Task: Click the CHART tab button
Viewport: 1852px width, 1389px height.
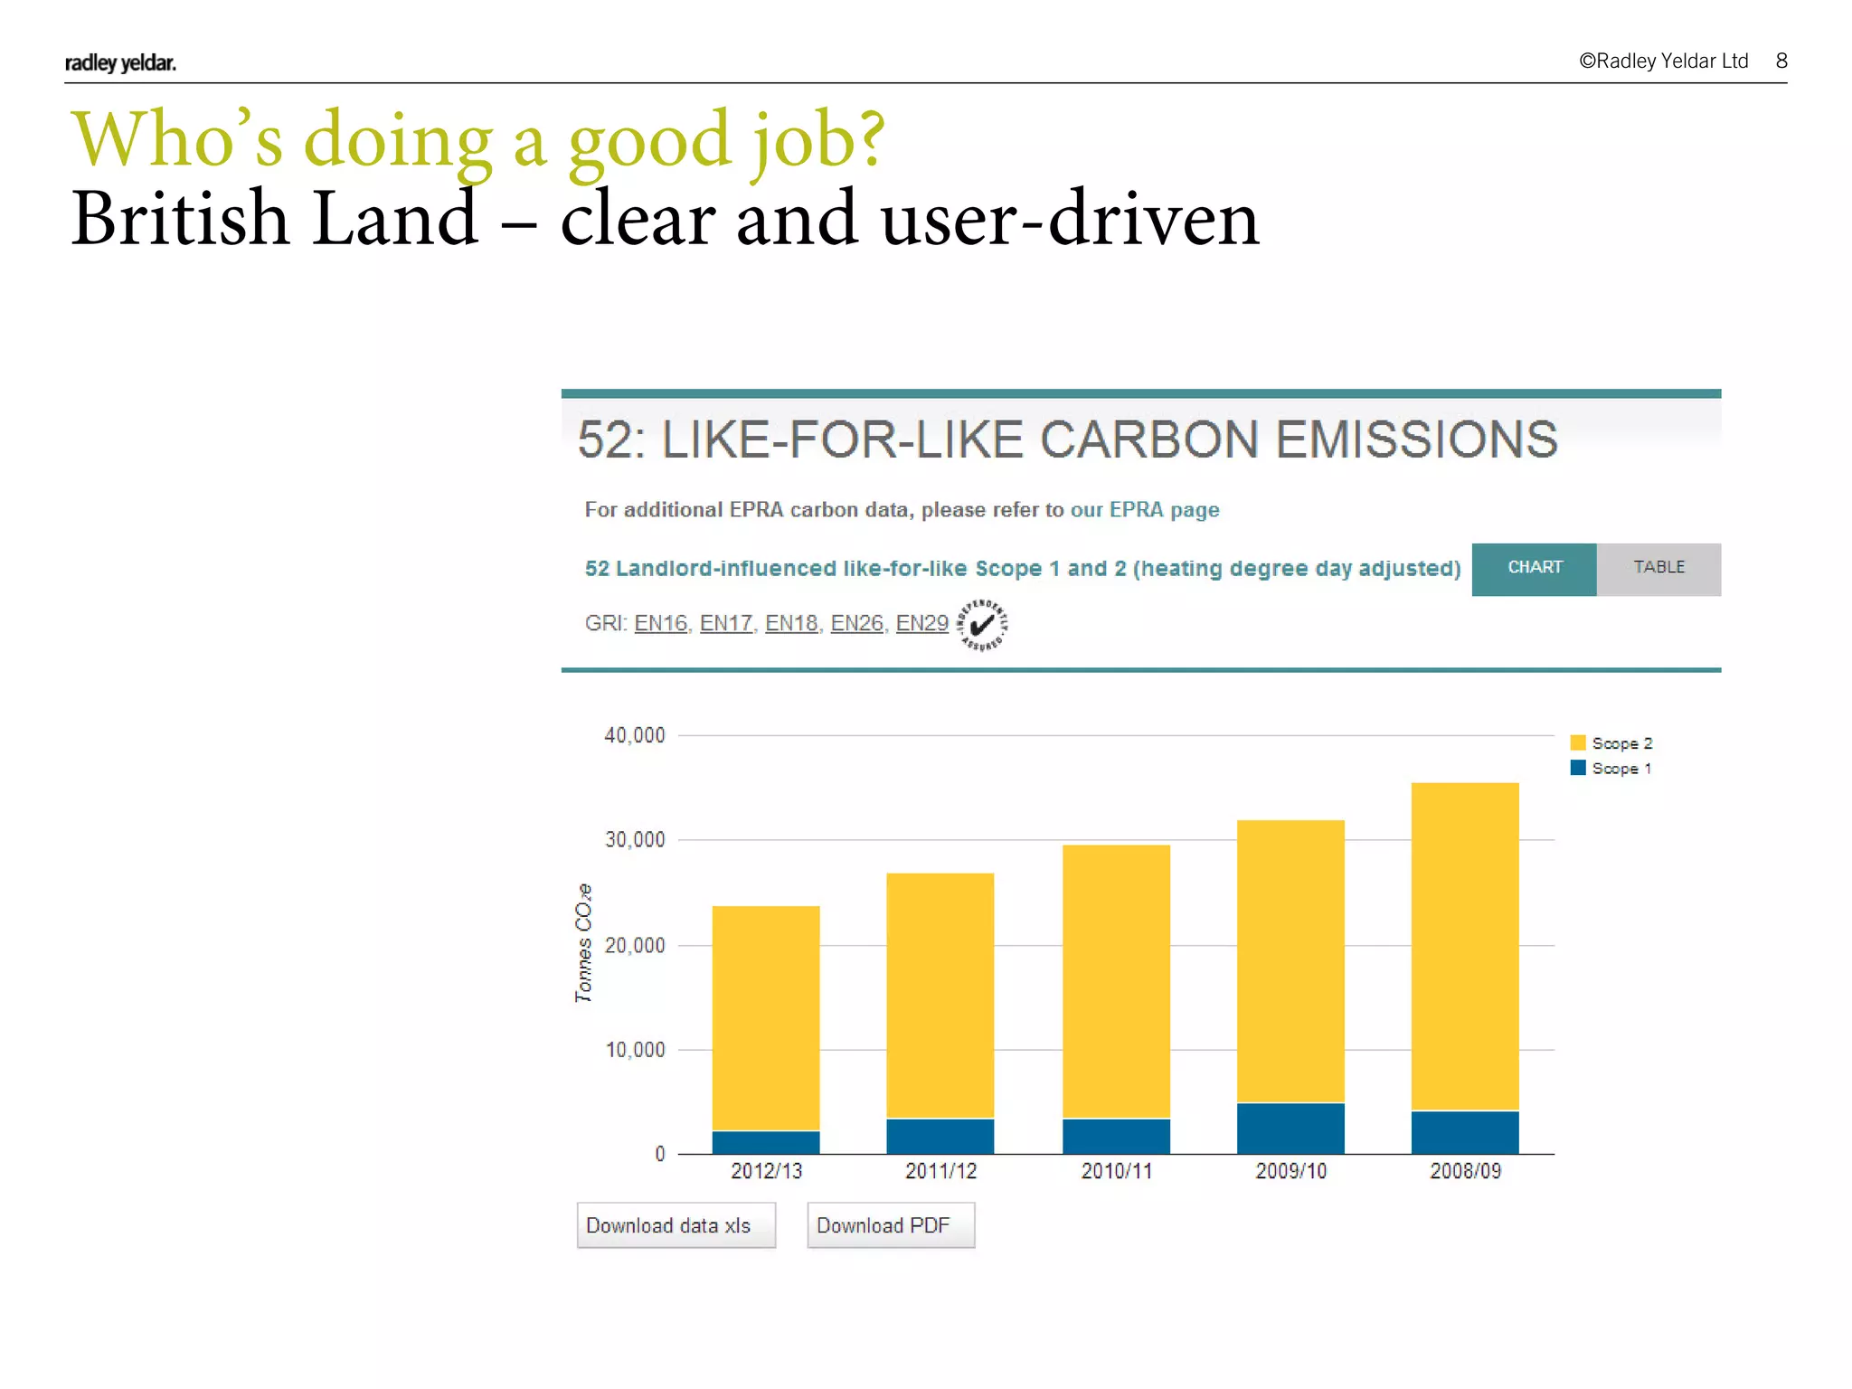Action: click(1534, 568)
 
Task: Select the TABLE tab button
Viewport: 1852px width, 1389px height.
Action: click(1658, 568)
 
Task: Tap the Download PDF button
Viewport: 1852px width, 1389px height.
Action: click(890, 1225)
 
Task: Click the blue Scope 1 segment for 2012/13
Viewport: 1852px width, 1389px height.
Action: click(766, 1142)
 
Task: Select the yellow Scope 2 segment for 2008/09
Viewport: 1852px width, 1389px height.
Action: click(1465, 945)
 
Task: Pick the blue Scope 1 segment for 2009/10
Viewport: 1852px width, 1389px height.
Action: click(1290, 1128)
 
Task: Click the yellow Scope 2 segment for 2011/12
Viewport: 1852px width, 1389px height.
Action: click(940, 995)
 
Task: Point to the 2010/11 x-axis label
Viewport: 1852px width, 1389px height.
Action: click(1117, 1171)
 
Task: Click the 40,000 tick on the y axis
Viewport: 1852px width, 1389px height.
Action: click(635, 735)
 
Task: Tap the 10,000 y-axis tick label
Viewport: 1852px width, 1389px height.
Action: click(635, 1050)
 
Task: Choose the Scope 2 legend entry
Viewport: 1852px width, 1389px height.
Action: click(1611, 743)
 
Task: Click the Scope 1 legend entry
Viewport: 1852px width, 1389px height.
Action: click(1611, 769)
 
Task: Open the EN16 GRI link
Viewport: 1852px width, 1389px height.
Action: click(660, 623)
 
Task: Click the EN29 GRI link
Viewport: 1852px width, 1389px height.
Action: click(921, 623)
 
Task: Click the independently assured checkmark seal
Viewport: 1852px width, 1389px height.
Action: click(982, 625)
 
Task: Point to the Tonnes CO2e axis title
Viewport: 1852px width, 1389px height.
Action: click(584, 942)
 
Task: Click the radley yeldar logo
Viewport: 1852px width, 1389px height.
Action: click(120, 62)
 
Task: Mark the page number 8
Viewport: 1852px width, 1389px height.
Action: click(1781, 61)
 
